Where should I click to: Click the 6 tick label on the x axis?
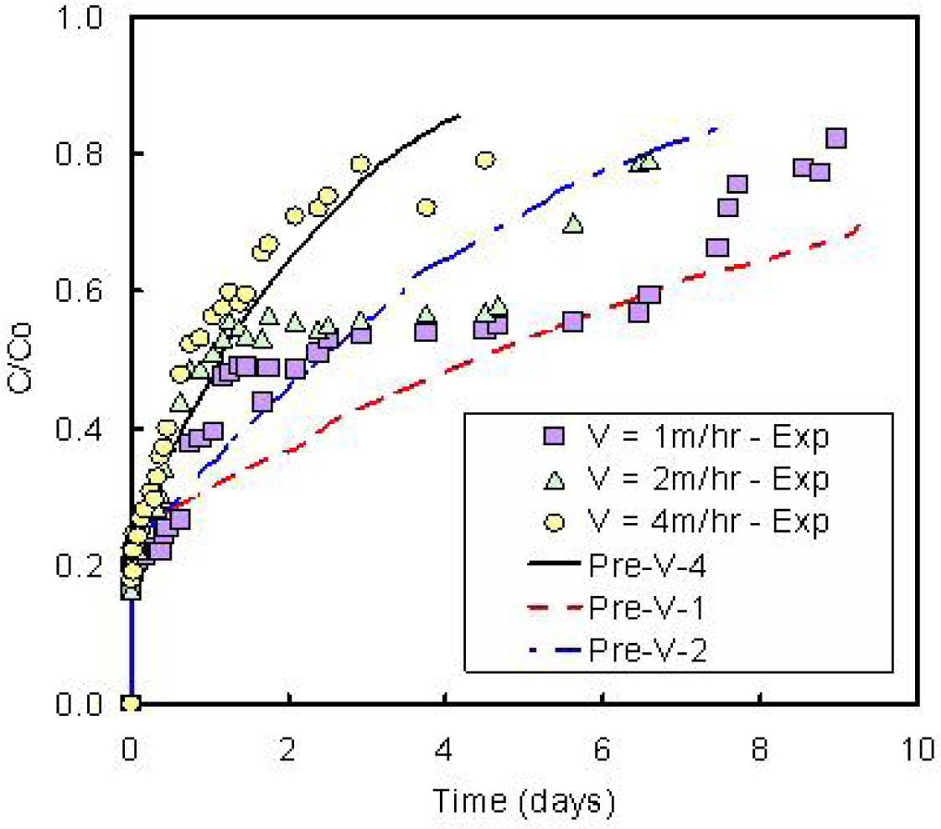point(602,749)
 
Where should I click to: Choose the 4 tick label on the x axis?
point(445,749)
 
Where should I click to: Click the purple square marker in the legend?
point(554,436)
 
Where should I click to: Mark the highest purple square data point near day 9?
point(835,138)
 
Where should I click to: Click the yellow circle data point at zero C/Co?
point(131,702)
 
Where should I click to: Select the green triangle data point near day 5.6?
point(573,223)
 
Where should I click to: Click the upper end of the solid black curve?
point(459,116)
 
